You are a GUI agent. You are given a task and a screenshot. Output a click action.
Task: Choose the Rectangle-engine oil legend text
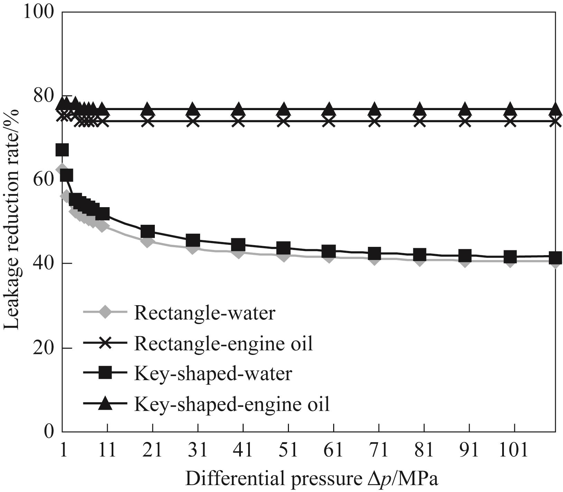click(x=223, y=344)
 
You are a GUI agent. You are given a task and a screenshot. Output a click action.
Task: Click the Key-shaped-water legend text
click(x=213, y=374)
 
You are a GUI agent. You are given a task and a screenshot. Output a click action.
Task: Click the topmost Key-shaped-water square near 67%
click(x=62, y=150)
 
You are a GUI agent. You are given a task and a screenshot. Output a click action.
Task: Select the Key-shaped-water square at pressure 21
click(x=148, y=231)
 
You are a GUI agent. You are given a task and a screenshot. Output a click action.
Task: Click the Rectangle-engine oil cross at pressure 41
click(x=238, y=121)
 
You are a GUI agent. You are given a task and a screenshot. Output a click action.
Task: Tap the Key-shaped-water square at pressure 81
click(x=420, y=254)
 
